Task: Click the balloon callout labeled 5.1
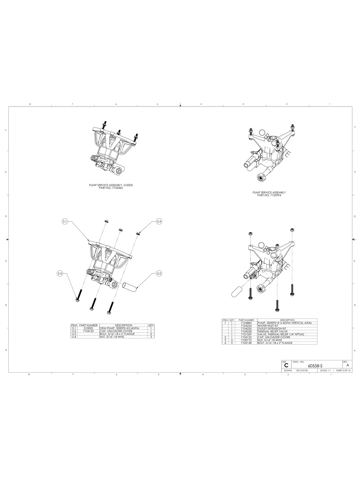[65, 221]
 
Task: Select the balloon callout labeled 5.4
[159, 221]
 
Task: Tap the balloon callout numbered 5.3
[60, 273]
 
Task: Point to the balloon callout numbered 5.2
[159, 273]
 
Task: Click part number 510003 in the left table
[88, 328]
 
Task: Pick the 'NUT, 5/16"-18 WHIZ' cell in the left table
[112, 337]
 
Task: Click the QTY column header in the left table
[151, 325]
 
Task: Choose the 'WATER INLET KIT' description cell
[269, 325]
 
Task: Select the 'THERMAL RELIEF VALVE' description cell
[272, 331]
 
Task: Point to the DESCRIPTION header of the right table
[287, 320]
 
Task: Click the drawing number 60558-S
[315, 366]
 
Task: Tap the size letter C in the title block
[286, 365]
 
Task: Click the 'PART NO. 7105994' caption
[269, 195]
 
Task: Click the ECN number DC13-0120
[302, 370]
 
